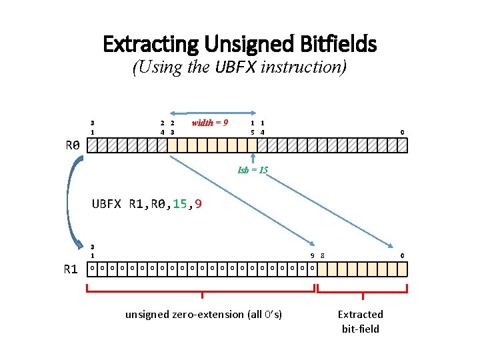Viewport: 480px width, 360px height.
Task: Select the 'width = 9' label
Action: tap(210, 123)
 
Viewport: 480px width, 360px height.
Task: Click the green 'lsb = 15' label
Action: tap(253, 170)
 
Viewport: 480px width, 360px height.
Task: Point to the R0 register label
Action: tap(72, 145)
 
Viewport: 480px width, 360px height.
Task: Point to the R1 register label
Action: tap(71, 269)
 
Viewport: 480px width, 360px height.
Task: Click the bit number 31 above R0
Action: tap(92, 127)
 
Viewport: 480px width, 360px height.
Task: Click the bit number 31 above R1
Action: tap(92, 251)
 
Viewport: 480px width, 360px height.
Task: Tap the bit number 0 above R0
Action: tap(401, 132)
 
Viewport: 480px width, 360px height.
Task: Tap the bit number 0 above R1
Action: tap(402, 255)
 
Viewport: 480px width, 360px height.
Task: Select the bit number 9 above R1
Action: tap(313, 255)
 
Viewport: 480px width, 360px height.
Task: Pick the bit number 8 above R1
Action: tap(323, 255)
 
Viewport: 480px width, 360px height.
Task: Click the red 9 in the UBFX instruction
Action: tap(199, 204)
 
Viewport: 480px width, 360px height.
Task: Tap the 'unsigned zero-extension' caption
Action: tap(203, 314)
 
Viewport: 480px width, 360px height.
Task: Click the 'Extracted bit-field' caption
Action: tap(361, 321)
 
